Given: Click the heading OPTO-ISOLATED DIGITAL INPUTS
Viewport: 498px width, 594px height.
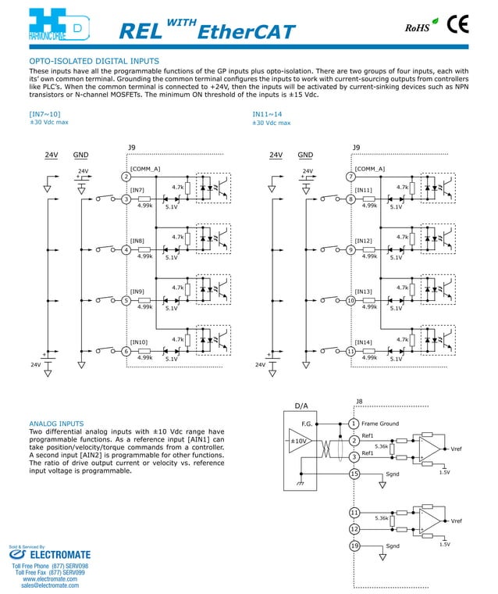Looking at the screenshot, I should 94,61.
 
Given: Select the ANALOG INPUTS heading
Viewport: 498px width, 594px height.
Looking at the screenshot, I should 56,424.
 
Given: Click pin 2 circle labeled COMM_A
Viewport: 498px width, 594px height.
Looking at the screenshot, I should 126,177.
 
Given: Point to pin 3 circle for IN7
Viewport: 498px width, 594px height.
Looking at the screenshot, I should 126,199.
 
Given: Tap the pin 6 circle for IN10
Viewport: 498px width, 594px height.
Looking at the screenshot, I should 126,352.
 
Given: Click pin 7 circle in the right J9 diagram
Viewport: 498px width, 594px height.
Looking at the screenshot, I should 351,177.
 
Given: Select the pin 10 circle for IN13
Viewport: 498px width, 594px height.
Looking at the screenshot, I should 351,301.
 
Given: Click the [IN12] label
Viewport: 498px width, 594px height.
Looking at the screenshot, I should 364,241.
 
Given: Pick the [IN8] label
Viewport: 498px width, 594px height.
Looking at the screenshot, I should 137,241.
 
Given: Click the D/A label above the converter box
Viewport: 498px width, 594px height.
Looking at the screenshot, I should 301,406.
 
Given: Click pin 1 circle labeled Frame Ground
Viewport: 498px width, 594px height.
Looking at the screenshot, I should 354,424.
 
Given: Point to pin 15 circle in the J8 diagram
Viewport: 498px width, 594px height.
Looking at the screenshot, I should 354,474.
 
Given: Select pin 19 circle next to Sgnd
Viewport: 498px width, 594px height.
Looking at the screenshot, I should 354,546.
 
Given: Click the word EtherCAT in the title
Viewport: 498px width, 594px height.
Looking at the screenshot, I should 247,32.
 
